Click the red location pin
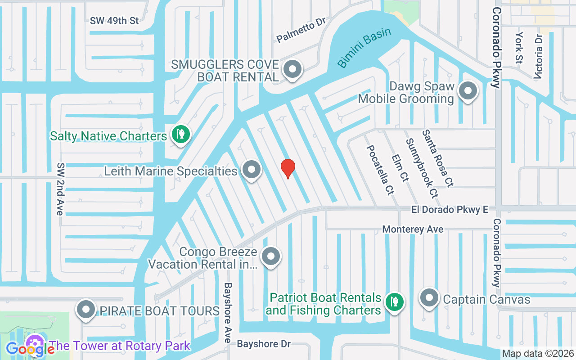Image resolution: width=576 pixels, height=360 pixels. (x=288, y=168)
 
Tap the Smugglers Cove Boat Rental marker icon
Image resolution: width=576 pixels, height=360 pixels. (x=293, y=70)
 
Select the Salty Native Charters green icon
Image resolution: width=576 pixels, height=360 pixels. (x=180, y=135)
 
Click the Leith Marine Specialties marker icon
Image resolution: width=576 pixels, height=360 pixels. (x=252, y=170)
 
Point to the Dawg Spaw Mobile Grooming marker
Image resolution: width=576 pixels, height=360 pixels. (x=468, y=91)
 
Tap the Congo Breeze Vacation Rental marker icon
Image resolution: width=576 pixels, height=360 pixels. (x=270, y=256)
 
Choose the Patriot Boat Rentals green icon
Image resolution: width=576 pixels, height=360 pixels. (x=395, y=301)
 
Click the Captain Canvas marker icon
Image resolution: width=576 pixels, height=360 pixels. (x=429, y=298)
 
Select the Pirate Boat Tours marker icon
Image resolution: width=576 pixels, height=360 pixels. (x=85, y=310)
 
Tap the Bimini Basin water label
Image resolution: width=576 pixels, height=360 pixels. (x=364, y=48)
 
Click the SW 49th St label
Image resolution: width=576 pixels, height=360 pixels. (x=114, y=21)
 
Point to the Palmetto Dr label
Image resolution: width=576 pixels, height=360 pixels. (x=301, y=30)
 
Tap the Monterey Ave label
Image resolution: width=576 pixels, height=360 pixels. (x=413, y=229)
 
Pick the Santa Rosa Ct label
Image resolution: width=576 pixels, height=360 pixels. (x=437, y=158)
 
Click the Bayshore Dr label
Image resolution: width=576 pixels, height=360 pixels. (x=264, y=344)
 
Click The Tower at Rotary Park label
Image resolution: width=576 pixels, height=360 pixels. (x=120, y=346)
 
